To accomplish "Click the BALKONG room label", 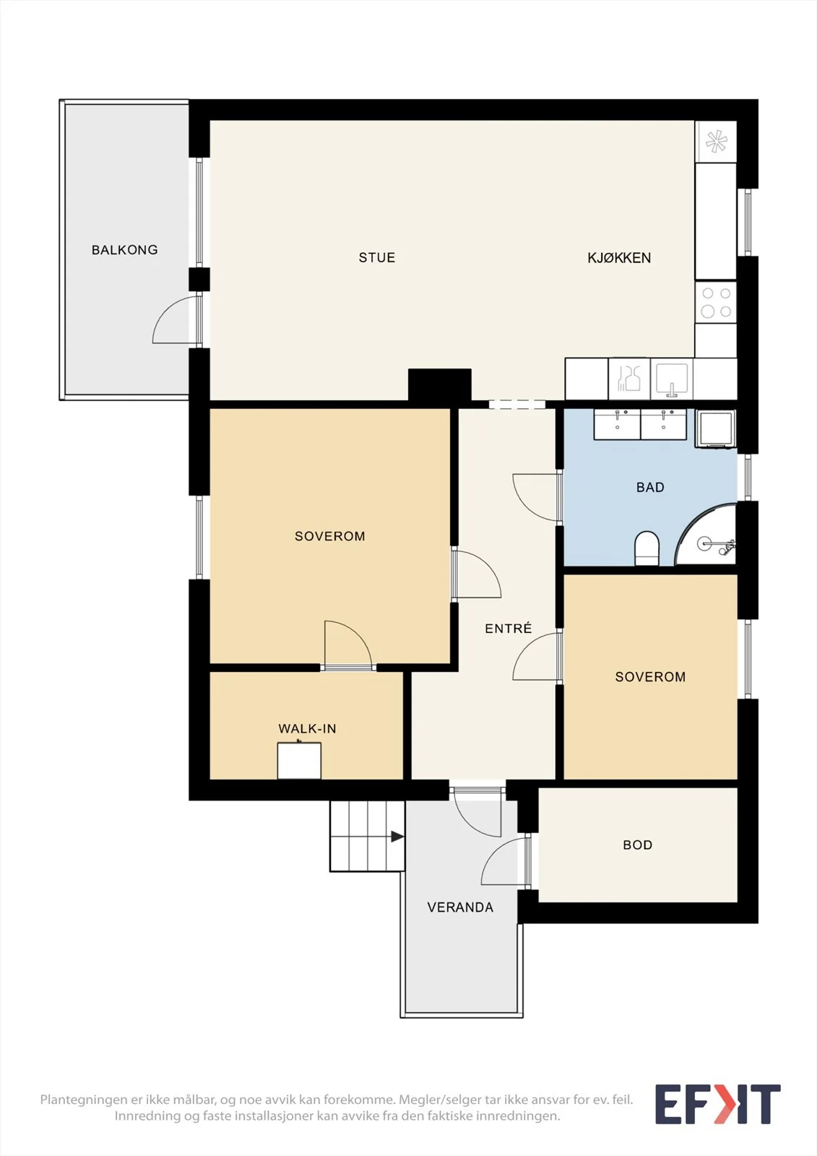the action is (x=124, y=250).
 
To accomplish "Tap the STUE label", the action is (x=377, y=257).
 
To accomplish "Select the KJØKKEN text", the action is (x=619, y=257).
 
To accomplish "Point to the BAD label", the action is (x=650, y=487).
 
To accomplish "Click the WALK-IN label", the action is (x=307, y=729).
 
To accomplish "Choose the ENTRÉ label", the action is (x=508, y=628).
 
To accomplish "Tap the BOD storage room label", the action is (x=637, y=845).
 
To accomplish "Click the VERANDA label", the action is (x=460, y=907).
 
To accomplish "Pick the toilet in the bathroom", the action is (x=647, y=548).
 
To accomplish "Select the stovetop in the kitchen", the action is (x=716, y=302).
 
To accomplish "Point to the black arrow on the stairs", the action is (x=397, y=837).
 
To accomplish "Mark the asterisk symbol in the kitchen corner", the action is (x=716, y=142).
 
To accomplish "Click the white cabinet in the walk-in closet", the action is (x=299, y=761).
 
